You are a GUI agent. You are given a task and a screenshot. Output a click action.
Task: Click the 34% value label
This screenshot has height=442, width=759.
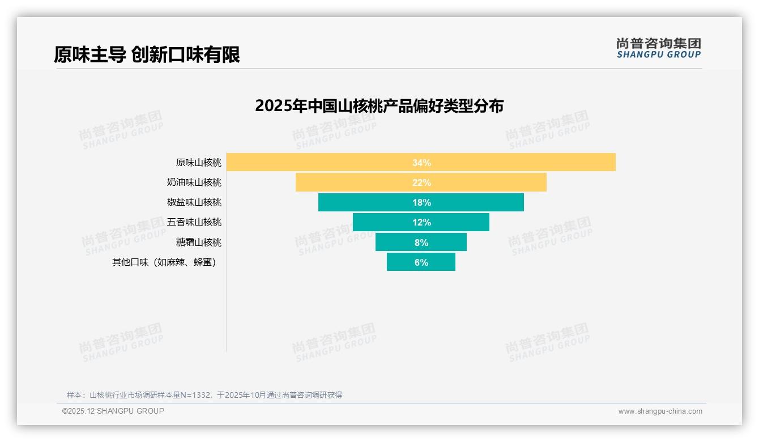point(421,163)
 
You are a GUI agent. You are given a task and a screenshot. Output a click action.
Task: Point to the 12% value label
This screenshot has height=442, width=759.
point(421,222)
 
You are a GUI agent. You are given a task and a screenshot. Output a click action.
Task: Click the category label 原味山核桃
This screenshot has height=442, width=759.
point(198,163)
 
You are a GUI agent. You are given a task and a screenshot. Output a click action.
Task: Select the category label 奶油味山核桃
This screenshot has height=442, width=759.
point(194,182)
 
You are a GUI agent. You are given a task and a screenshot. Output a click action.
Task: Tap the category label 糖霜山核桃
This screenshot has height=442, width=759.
point(198,242)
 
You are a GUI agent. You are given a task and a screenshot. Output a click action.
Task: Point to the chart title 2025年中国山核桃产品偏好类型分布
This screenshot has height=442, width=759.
point(379,106)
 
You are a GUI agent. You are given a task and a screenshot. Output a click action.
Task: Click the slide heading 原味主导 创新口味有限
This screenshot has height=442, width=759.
point(147,54)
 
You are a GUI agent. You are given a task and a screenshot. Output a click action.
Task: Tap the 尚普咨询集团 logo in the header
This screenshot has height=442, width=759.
point(658,48)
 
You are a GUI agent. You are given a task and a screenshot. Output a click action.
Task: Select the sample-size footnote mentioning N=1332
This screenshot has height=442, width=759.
point(204,395)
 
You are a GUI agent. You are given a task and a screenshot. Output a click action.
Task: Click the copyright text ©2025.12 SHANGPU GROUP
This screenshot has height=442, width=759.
point(113,411)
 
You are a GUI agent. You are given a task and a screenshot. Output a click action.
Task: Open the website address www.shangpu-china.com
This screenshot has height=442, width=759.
point(660,411)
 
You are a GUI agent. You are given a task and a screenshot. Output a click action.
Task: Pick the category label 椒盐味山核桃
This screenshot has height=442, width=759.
point(194,202)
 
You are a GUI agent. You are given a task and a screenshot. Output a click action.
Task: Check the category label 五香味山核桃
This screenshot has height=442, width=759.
point(194,222)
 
